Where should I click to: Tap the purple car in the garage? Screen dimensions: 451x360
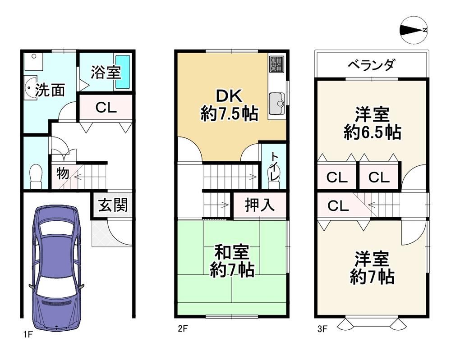pyautogui.click(x=57, y=268)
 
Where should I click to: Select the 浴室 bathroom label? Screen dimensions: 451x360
pyautogui.click(x=106, y=73)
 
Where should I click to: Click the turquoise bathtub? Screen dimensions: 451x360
pyautogui.click(x=123, y=72)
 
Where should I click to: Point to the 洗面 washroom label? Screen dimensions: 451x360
pyautogui.click(x=50, y=90)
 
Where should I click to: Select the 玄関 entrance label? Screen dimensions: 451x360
pyautogui.click(x=113, y=205)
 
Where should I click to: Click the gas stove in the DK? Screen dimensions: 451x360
pyautogui.click(x=277, y=64)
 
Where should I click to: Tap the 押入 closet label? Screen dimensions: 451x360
pyautogui.click(x=259, y=205)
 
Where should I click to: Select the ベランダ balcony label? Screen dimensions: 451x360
pyautogui.click(x=371, y=65)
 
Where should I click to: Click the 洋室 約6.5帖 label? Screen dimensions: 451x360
pyautogui.click(x=372, y=123)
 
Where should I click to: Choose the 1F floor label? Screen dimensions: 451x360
pyautogui.click(x=28, y=335)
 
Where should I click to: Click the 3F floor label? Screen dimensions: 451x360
pyautogui.click(x=322, y=328)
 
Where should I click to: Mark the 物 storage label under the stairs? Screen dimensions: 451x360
pyautogui.click(x=62, y=173)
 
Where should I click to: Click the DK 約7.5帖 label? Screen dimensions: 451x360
pyautogui.click(x=229, y=105)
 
